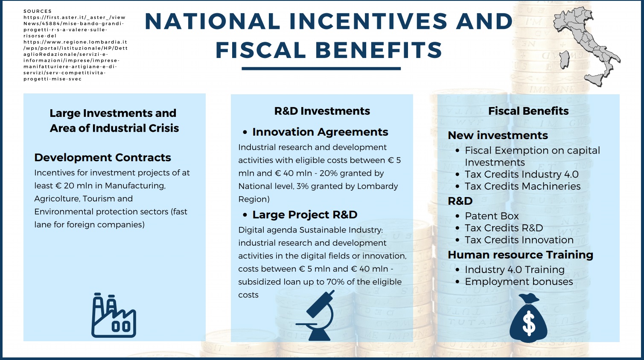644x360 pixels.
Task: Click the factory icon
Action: [114, 316]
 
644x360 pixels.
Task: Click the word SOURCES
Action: [38, 11]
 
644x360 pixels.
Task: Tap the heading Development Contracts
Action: [102, 157]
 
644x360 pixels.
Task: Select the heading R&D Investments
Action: [322, 111]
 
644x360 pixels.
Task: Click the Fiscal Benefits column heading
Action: [528, 111]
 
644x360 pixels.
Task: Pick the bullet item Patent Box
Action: [492, 216]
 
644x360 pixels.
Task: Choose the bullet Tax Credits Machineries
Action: [523, 186]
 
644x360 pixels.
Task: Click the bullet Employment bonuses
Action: [519, 282]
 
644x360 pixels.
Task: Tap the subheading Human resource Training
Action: [520, 255]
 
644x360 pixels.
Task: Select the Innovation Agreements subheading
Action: [320, 132]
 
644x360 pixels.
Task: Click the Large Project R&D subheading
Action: [305, 215]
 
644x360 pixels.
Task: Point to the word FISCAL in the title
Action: [261, 50]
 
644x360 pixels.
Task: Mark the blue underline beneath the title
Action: [321, 68]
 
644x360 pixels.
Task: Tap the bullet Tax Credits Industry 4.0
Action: [522, 174]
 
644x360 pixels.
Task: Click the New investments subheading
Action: [498, 135]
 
